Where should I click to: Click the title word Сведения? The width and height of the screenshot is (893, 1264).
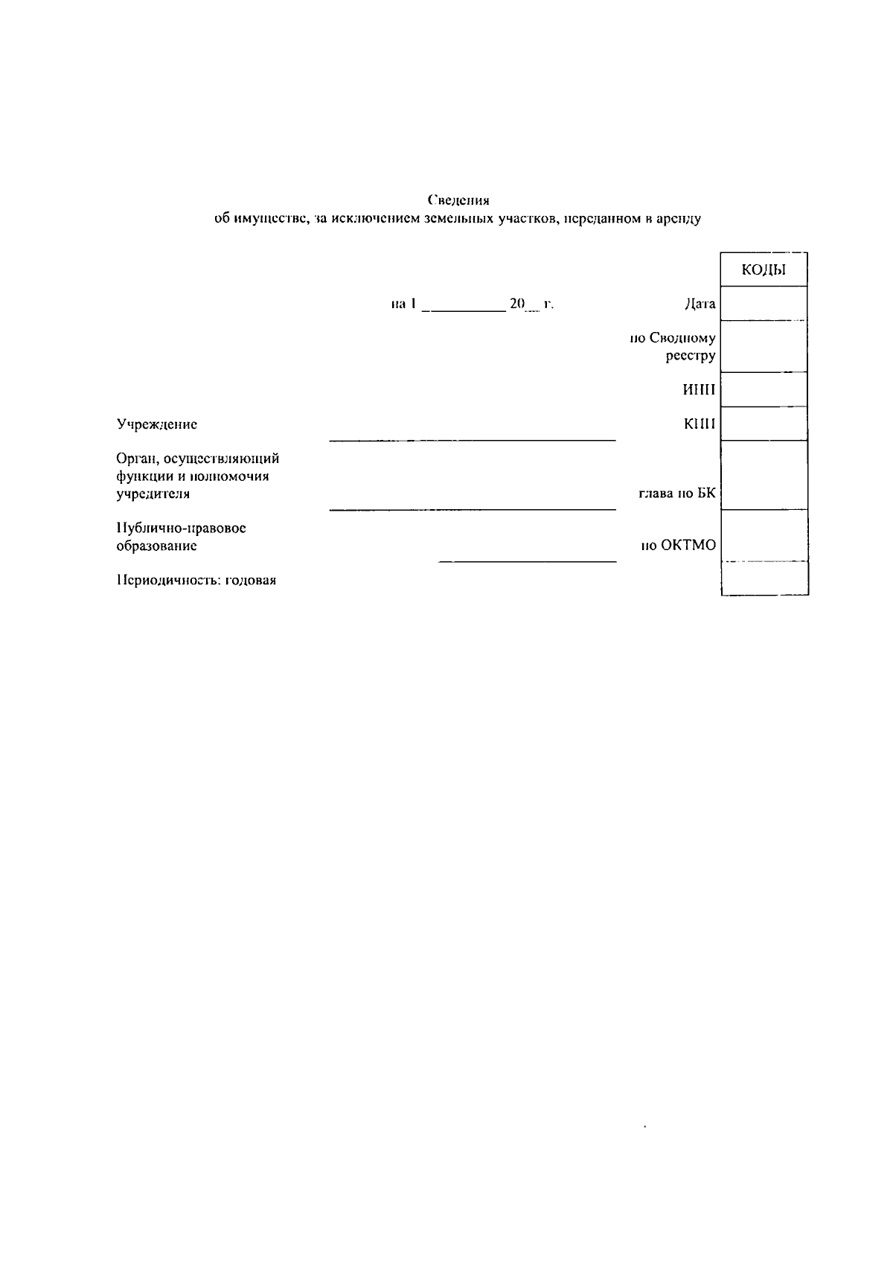pos(458,200)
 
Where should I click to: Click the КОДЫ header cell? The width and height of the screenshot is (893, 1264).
pos(764,270)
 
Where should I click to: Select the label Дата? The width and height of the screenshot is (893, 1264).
pos(700,304)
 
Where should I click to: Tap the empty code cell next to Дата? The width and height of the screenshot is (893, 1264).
pos(764,304)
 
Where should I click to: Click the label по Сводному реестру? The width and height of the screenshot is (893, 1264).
pos(673,347)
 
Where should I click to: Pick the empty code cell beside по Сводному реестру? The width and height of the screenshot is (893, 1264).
pos(764,347)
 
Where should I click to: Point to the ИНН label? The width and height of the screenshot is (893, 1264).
pos(699,390)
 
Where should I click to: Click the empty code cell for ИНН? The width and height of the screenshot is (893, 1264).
pos(764,389)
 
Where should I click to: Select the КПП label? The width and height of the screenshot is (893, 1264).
pos(700,424)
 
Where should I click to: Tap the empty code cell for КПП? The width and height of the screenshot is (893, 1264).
pos(764,424)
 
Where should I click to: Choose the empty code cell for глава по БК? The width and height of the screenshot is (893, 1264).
pos(764,475)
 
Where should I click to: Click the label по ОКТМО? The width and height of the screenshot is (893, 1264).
pos(678,546)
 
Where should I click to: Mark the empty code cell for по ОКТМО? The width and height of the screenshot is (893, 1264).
pos(764,536)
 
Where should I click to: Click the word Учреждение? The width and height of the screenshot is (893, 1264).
pos(156,424)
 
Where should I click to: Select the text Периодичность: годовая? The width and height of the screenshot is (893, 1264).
pos(196,581)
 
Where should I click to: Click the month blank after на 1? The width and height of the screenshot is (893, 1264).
pos(463,305)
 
